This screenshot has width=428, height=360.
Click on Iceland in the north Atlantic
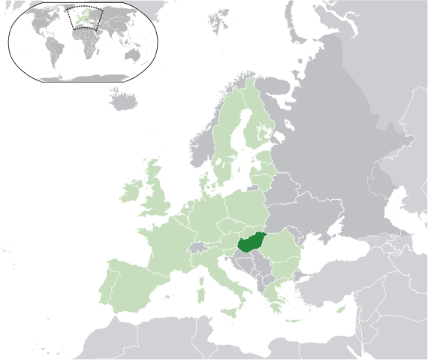coord(124,97)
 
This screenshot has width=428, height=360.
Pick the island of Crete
coord(289,330)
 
